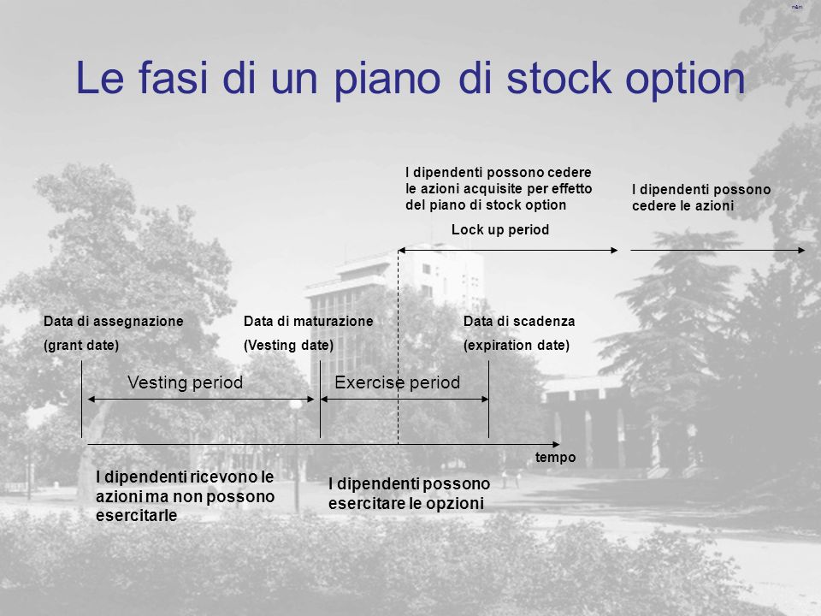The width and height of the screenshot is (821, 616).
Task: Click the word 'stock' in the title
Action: (x=558, y=78)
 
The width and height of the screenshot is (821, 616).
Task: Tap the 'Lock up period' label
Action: (x=500, y=230)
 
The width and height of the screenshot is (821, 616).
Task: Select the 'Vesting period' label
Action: (x=186, y=382)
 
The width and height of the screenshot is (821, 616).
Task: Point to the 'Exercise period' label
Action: (x=398, y=382)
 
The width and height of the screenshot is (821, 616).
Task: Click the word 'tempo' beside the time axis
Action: (x=556, y=457)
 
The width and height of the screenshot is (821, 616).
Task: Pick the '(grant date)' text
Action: (x=81, y=345)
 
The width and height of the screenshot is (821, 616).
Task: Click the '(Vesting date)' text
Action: (x=288, y=345)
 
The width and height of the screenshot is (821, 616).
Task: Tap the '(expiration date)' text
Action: (x=517, y=345)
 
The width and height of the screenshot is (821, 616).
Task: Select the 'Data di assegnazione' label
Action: (x=114, y=321)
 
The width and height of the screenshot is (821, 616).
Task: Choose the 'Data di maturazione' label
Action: (x=309, y=321)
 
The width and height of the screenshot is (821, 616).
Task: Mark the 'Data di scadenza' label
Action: (x=519, y=321)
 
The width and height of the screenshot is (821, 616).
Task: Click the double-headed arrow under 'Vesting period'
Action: (x=201, y=400)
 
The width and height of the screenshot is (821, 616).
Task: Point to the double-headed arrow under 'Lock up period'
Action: (x=508, y=251)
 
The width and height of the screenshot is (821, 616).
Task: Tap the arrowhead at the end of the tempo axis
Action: (x=557, y=445)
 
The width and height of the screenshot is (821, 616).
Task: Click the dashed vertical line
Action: (x=398, y=347)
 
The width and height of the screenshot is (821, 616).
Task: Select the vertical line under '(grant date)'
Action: (x=82, y=400)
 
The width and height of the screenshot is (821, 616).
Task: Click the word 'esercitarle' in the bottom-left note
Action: (x=136, y=515)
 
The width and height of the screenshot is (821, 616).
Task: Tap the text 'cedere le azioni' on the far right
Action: (x=682, y=206)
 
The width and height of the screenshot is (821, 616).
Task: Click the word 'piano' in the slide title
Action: (x=387, y=79)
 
